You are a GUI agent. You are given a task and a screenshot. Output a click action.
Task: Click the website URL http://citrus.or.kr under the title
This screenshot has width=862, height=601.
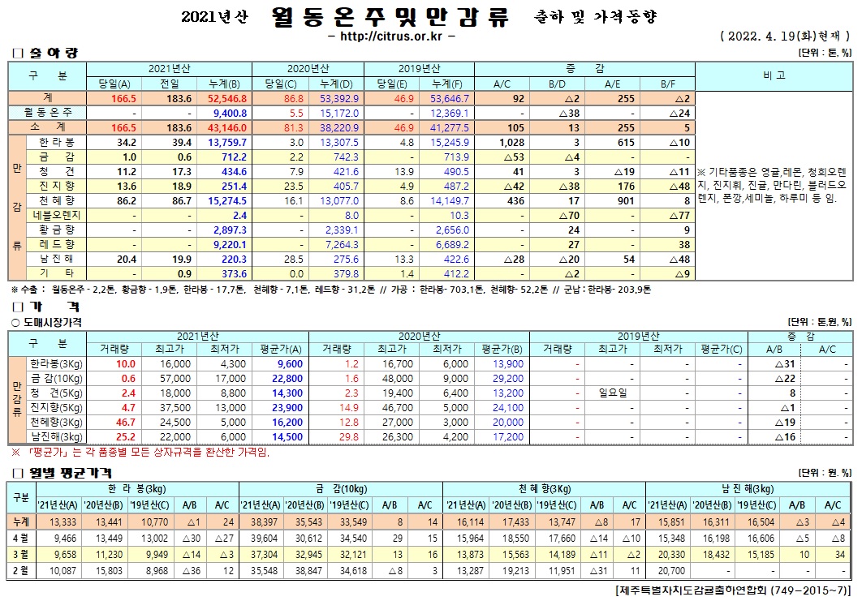point(390,36)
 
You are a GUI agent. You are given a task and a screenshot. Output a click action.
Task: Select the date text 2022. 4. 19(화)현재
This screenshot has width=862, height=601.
point(782,36)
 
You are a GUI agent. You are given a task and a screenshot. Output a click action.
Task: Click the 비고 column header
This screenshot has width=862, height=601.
point(774,75)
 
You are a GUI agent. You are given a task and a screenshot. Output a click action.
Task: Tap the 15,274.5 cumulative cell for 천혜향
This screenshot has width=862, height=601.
point(227,200)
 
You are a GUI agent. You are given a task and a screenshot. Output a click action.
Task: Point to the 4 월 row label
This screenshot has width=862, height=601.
point(20,539)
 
